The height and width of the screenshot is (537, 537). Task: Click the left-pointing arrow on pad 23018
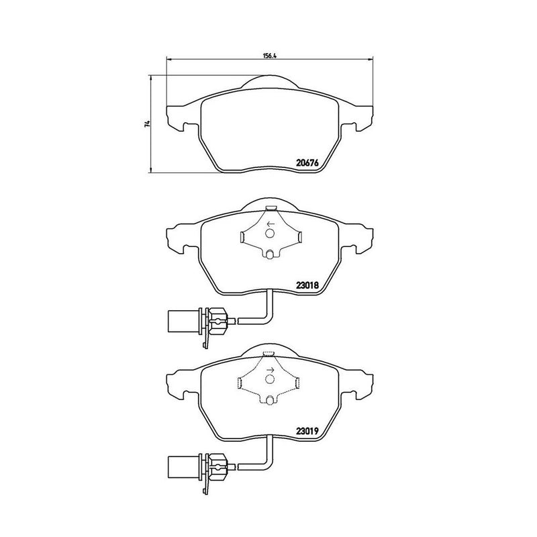(x=270, y=224)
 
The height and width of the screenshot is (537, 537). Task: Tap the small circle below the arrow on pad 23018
(x=270, y=233)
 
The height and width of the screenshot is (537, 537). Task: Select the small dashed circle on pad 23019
(x=270, y=379)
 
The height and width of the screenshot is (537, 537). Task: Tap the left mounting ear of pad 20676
(x=176, y=118)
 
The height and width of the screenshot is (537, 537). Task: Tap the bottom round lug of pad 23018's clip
(x=270, y=254)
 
